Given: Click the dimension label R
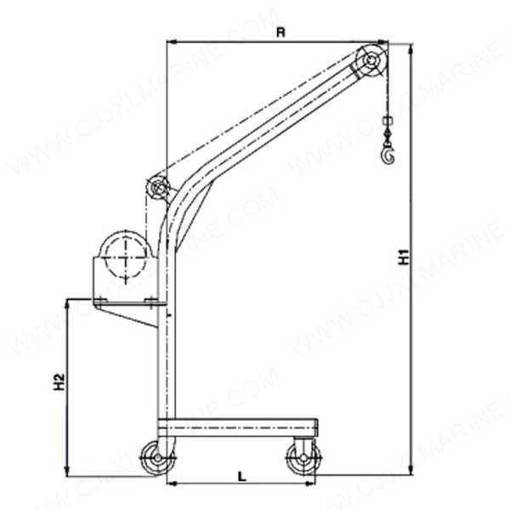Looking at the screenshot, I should point(280,32).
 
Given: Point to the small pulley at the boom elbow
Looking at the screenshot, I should point(156,187).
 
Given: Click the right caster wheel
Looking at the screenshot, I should point(302,459).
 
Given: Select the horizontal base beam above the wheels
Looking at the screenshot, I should point(237,427).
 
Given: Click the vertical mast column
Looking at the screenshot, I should point(165,340).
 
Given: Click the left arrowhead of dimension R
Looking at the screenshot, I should point(171,41).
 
